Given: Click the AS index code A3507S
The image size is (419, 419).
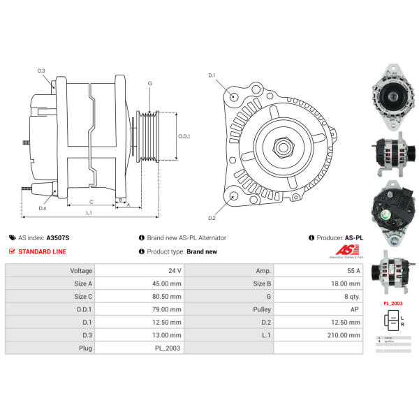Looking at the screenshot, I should coord(57,237).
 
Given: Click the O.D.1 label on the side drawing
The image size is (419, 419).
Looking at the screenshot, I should coord(184,136).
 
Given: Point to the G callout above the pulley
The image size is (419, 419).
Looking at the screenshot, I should coord(149,84).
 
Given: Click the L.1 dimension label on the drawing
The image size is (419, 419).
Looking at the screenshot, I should coord(90,212).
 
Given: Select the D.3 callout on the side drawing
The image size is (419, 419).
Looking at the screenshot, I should coord(41,71).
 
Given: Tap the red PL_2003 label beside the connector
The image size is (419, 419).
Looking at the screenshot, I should coord(392,304).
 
